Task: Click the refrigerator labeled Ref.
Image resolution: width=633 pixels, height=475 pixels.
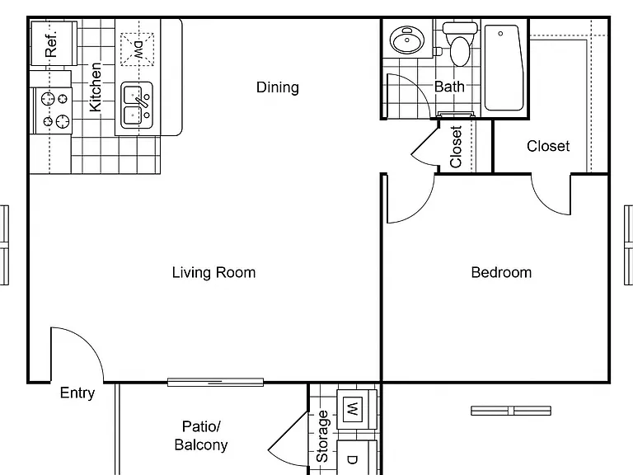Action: tap(54, 43)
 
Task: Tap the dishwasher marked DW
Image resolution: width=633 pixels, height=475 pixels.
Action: tap(138, 49)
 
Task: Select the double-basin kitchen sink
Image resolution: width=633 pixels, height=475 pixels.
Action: tap(137, 105)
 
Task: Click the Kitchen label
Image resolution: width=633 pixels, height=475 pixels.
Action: tap(96, 87)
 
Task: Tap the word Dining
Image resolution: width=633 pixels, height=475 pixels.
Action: tap(278, 87)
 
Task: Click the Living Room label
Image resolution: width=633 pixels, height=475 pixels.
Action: tap(214, 272)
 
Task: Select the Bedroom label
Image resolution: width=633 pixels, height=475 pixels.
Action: tap(501, 272)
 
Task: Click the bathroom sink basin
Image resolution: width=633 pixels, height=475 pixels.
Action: tap(407, 40)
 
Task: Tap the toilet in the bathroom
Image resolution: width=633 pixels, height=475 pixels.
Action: tap(460, 43)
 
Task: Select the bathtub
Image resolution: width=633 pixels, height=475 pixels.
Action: tap(504, 68)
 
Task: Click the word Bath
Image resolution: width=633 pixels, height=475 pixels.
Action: tap(449, 87)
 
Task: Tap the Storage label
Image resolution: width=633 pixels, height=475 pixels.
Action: tap(322, 436)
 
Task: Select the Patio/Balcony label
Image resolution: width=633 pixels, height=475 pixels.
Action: tap(201, 435)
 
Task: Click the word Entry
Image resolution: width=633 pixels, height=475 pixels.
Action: tap(77, 393)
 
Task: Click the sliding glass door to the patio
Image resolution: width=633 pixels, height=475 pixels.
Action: tap(216, 382)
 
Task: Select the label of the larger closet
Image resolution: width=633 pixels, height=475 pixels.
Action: tap(548, 146)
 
